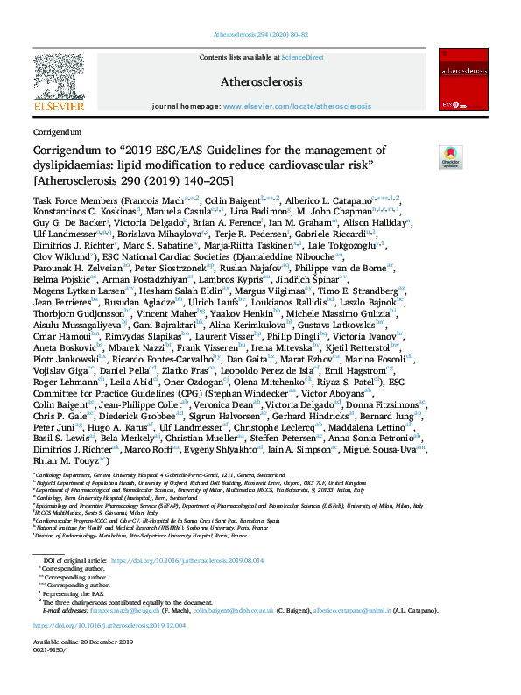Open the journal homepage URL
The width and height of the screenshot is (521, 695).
pos(297,105)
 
